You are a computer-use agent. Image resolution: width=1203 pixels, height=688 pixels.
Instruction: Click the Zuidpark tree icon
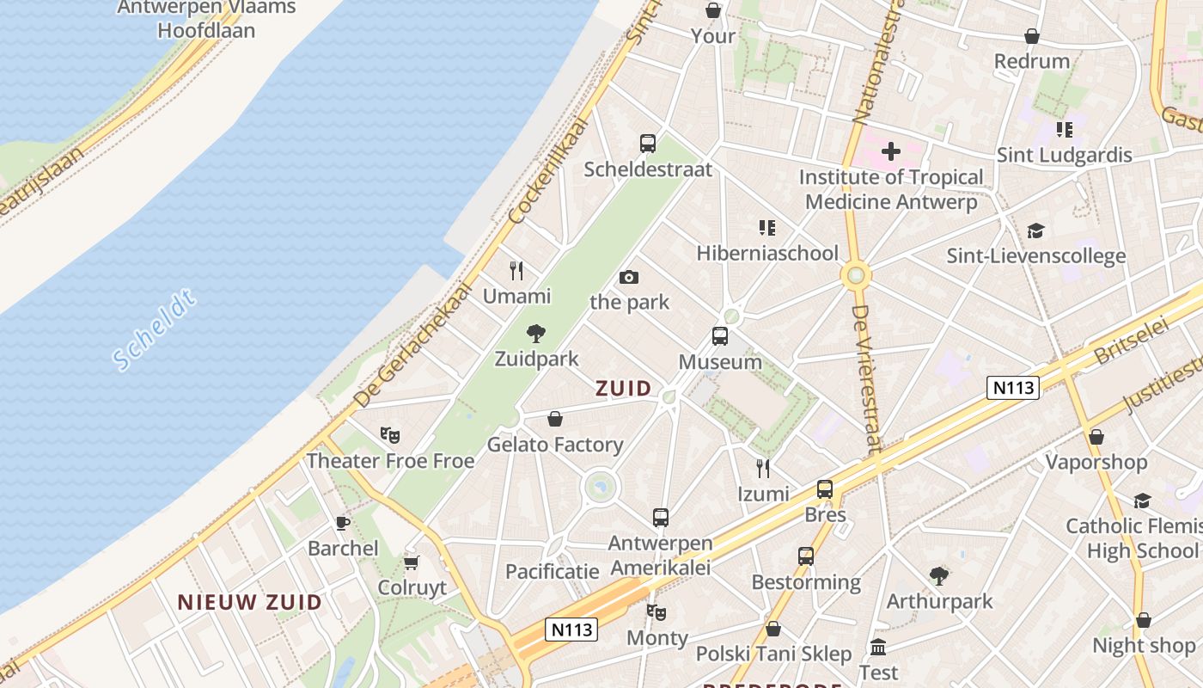pos(536,333)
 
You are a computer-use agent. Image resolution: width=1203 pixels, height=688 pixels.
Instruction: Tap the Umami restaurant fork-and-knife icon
pos(516,271)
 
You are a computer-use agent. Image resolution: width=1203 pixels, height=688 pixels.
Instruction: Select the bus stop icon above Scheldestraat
pos(648,144)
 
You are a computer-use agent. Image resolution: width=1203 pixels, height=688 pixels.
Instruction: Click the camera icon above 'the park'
pos(629,277)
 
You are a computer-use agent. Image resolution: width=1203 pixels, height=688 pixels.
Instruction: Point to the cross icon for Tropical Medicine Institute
pos(891,151)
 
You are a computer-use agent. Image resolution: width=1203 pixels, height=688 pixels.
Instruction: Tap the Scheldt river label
pos(156,332)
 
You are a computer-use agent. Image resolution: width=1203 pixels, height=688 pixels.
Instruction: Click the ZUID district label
pos(624,389)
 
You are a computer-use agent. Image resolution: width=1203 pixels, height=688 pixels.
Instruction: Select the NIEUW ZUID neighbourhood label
pos(250,602)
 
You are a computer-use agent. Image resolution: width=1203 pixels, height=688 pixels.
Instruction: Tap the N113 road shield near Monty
pos(571,630)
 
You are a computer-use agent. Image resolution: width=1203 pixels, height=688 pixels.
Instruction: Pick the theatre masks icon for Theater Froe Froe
pos(390,435)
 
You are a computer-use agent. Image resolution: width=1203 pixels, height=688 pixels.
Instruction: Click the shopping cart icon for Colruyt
pos(412,562)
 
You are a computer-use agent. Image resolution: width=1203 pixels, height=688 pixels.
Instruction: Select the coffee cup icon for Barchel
pos(342,523)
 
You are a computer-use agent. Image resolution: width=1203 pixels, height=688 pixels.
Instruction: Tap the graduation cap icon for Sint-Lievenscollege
pos(1035,230)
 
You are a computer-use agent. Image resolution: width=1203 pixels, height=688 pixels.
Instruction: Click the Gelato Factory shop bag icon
pos(555,419)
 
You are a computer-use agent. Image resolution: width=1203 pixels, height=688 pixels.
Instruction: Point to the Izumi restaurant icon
pos(762,468)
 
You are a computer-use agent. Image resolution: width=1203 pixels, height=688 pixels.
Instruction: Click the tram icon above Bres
pos(825,489)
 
